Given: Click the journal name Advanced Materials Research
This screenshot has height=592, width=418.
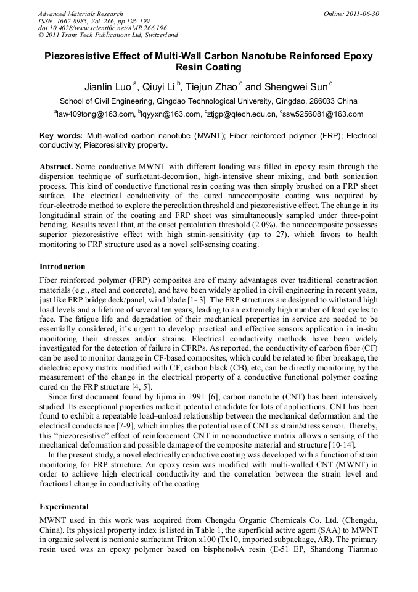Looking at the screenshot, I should pos(80,14).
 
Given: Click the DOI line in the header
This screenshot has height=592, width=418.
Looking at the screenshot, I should pos(102,28).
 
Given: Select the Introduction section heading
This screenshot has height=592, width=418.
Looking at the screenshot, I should pos(62,267).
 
